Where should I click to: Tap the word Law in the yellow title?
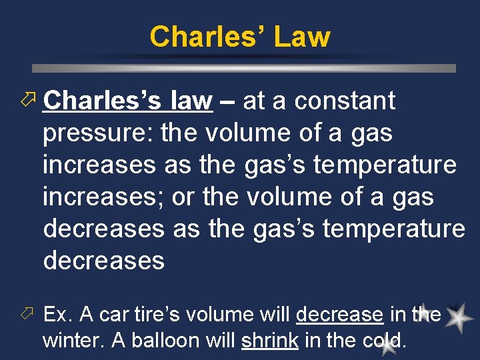[300, 37]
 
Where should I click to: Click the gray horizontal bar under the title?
[244, 68]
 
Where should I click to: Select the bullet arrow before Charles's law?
[27, 101]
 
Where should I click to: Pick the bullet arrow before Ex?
[27, 314]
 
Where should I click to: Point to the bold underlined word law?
[191, 101]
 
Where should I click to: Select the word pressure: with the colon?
[98, 134]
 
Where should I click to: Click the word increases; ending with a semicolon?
[103, 197]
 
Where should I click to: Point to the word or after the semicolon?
[183, 197]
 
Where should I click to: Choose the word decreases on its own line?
[103, 261]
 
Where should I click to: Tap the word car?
[113, 315]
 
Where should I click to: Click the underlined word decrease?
[339, 314]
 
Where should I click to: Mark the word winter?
[73, 340]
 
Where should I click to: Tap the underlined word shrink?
[269, 340]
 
